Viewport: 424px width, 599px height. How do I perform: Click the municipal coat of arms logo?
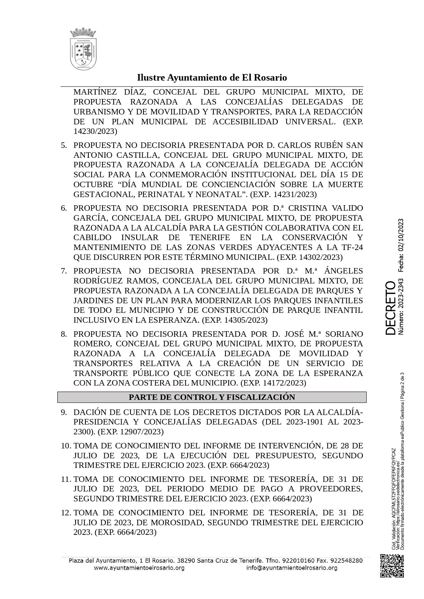click(x=83, y=49)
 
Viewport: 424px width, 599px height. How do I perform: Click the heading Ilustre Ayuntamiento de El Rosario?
click(x=212, y=78)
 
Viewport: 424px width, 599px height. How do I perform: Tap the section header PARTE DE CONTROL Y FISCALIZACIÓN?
click(x=212, y=397)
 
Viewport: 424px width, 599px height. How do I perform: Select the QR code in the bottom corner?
click(x=392, y=566)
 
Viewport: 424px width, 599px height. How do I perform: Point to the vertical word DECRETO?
click(x=391, y=308)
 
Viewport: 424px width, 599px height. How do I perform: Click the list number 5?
click(x=64, y=145)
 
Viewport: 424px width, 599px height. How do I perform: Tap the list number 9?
click(x=64, y=412)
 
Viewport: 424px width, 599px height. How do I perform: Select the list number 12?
click(x=65, y=513)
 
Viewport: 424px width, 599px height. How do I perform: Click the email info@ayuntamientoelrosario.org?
click(x=292, y=568)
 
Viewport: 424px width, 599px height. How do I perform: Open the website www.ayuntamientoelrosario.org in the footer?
click(x=139, y=568)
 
